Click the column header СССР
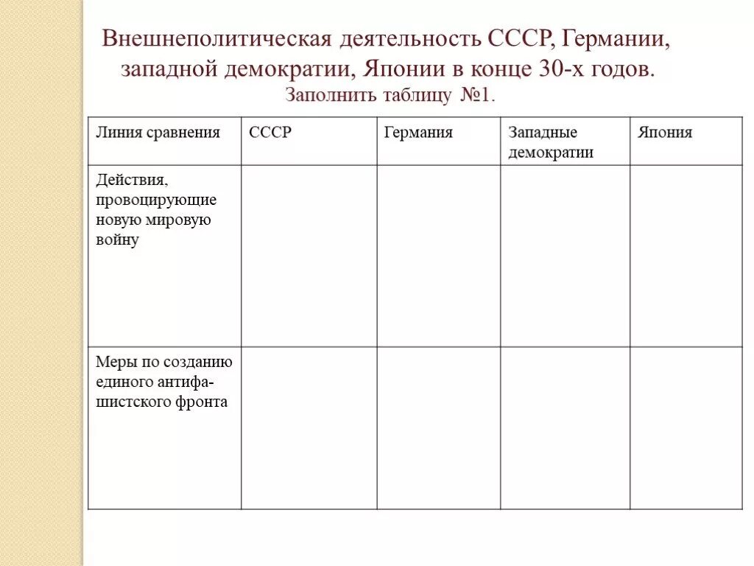point(270,133)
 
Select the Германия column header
point(417,133)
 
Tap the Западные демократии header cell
point(550,142)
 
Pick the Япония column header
point(665,133)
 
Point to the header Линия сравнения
point(158,133)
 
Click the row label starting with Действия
point(155,210)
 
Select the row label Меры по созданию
point(163,382)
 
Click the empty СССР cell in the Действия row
point(309,256)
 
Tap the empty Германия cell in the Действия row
point(439,256)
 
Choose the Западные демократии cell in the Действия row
point(565,256)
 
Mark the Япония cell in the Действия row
point(686,256)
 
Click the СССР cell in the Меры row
point(309,428)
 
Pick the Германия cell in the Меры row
point(439,428)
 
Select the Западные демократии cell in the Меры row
point(565,428)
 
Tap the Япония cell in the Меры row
point(686,428)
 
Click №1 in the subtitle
point(477,95)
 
